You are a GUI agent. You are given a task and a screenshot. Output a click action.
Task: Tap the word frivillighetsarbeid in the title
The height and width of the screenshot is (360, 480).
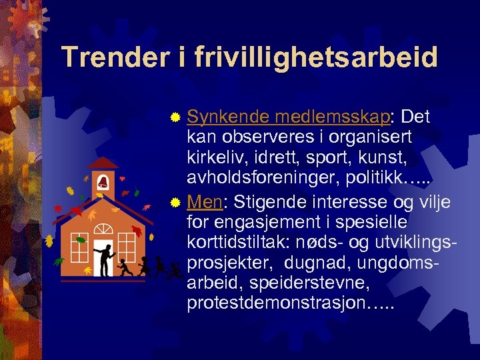(x=317, y=57)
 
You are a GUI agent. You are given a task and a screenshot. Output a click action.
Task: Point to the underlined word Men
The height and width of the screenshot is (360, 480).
(x=205, y=201)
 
